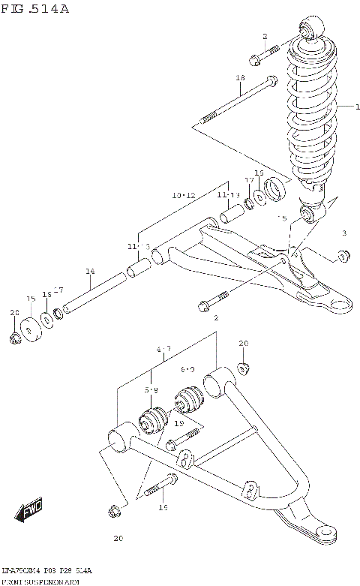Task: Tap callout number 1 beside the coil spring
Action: tap(347, 107)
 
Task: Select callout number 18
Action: tap(240, 78)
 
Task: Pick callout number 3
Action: tap(344, 233)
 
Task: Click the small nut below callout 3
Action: tap(343, 257)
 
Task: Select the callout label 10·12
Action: tap(183, 195)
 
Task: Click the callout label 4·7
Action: tap(164, 349)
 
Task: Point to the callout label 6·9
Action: tap(188, 370)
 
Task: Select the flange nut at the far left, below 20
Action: tap(15, 339)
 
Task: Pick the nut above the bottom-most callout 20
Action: tap(113, 512)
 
